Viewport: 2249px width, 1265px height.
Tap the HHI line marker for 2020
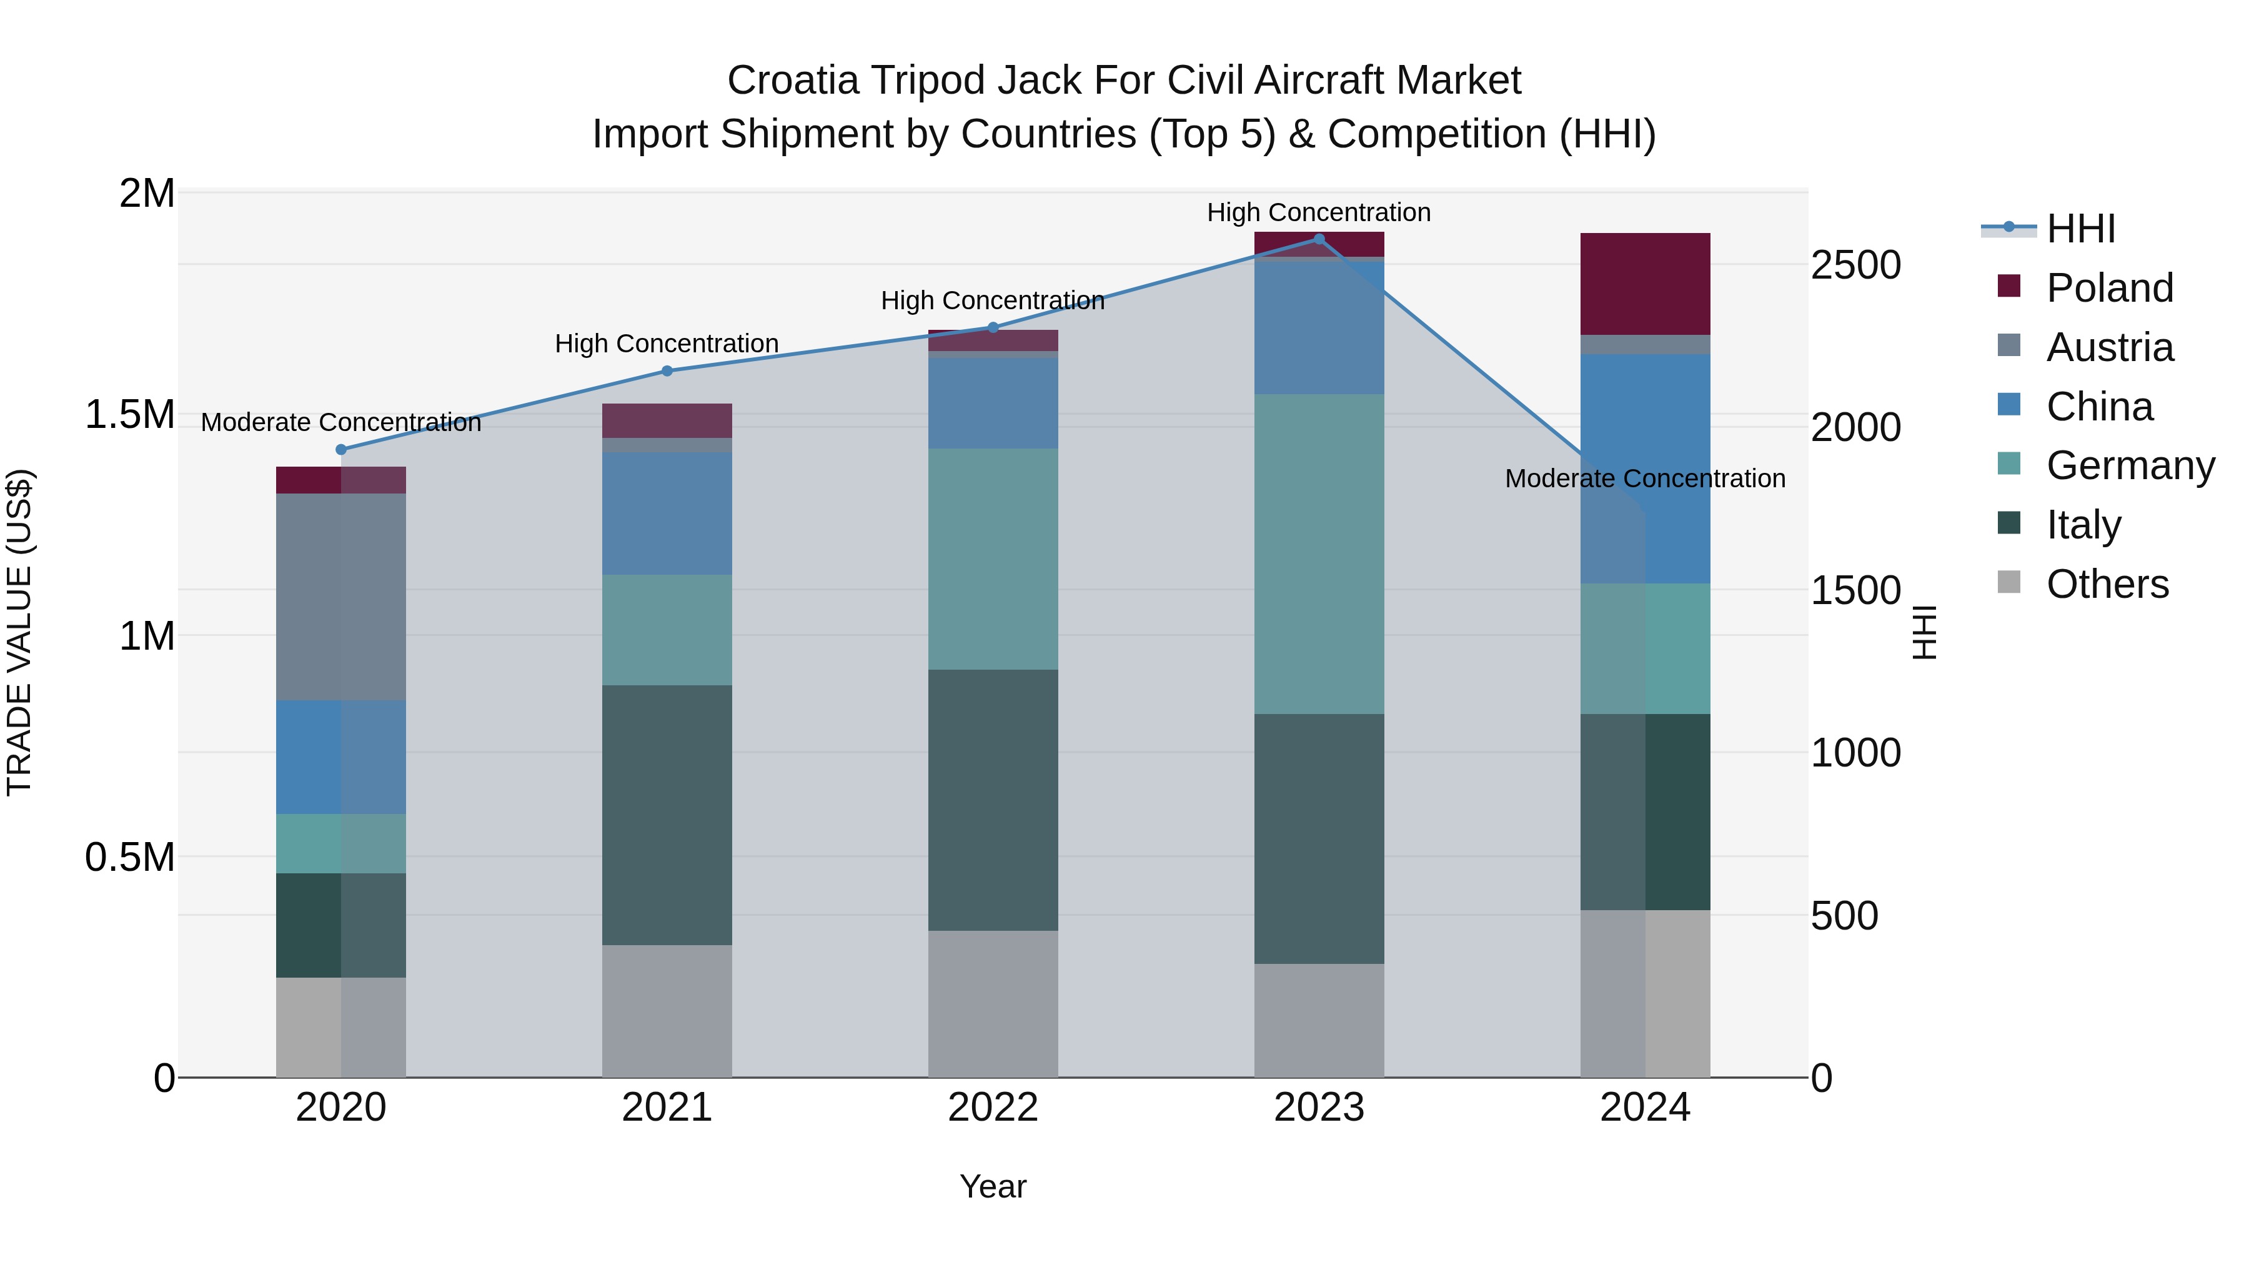tap(341, 450)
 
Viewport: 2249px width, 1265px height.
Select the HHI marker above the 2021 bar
tap(667, 371)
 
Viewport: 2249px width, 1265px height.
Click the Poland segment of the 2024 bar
tap(1645, 284)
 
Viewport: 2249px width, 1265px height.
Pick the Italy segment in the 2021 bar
tap(667, 815)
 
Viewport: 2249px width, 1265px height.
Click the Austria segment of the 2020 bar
tap(341, 597)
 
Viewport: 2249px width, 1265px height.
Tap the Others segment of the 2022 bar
tap(993, 1004)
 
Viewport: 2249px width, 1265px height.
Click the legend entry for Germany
tap(2130, 465)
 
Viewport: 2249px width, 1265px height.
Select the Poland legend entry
tap(2109, 288)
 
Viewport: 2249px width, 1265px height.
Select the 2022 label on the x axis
tap(993, 1108)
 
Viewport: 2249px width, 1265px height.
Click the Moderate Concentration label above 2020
tap(341, 422)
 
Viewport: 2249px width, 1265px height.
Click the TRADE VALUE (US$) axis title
tap(19, 632)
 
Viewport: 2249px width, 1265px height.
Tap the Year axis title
tap(993, 1186)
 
